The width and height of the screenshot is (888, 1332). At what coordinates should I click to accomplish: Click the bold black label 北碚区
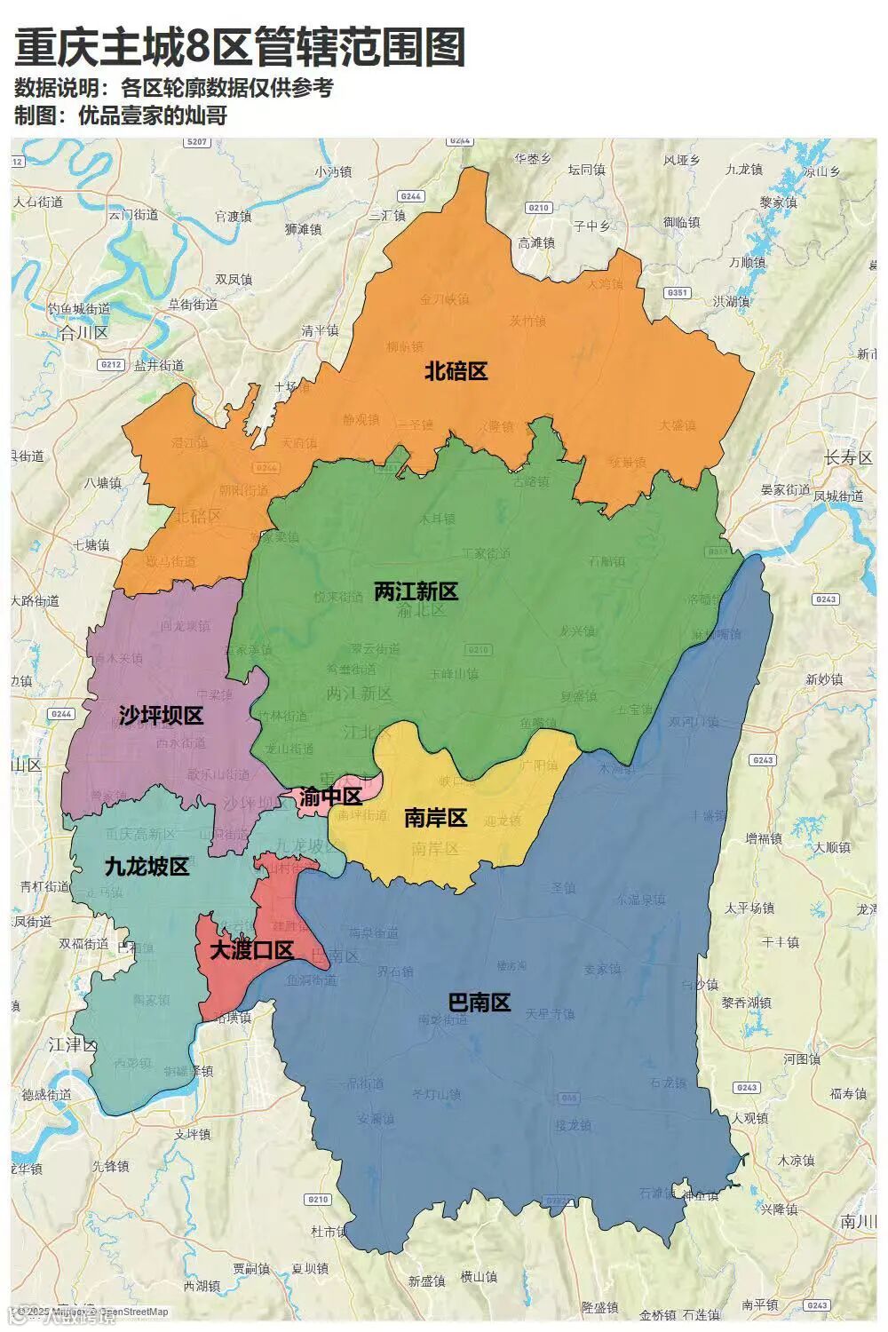point(456,371)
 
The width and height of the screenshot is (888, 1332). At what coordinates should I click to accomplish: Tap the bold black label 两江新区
point(416,591)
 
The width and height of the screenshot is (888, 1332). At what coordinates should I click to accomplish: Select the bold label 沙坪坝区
point(161,716)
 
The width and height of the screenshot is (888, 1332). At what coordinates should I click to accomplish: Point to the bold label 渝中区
point(330,797)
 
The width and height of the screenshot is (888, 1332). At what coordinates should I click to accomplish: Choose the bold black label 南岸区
point(435,818)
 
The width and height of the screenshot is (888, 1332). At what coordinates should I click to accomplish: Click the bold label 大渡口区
point(251,950)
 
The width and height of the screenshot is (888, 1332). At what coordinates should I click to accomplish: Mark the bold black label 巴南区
point(479,1003)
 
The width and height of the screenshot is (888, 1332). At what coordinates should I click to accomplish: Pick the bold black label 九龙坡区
point(147,867)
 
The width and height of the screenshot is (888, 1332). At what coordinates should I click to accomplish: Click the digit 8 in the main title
point(196,48)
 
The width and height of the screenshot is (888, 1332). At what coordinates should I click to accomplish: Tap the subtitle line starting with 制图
point(121,115)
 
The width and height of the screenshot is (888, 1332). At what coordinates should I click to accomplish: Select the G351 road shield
point(677,292)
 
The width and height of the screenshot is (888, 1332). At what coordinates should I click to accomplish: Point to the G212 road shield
point(111,364)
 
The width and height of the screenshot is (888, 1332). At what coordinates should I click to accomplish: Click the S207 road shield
point(196,142)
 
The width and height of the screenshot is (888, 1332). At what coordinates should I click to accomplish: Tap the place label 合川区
point(83,333)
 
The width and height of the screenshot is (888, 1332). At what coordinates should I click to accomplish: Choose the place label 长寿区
point(848,458)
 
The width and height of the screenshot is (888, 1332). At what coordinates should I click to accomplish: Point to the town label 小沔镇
point(333,172)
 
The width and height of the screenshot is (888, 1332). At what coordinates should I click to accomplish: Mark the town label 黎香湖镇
point(746,1003)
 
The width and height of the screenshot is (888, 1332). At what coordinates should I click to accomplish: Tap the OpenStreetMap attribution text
point(133,1312)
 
